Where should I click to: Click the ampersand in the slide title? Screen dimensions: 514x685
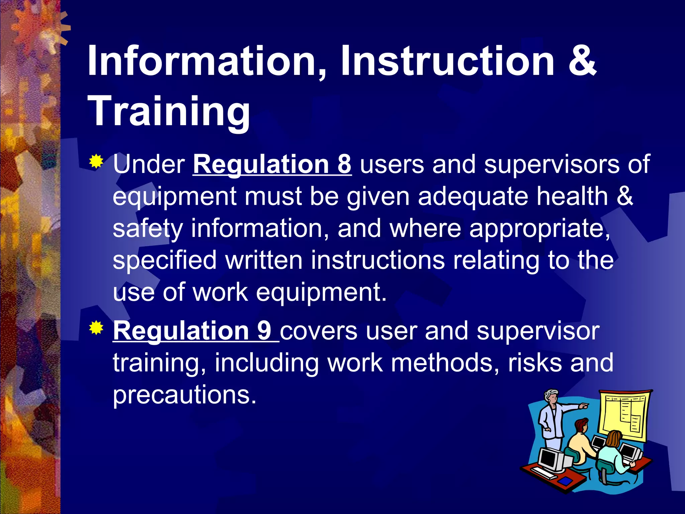click(x=582, y=61)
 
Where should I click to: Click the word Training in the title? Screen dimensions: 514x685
click(x=169, y=111)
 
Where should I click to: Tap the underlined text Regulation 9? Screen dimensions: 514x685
click(x=192, y=331)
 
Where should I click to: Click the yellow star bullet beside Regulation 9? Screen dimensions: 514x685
click(x=96, y=328)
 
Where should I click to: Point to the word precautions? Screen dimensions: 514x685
click(x=184, y=395)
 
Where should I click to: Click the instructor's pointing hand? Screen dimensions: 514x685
click(x=583, y=406)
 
